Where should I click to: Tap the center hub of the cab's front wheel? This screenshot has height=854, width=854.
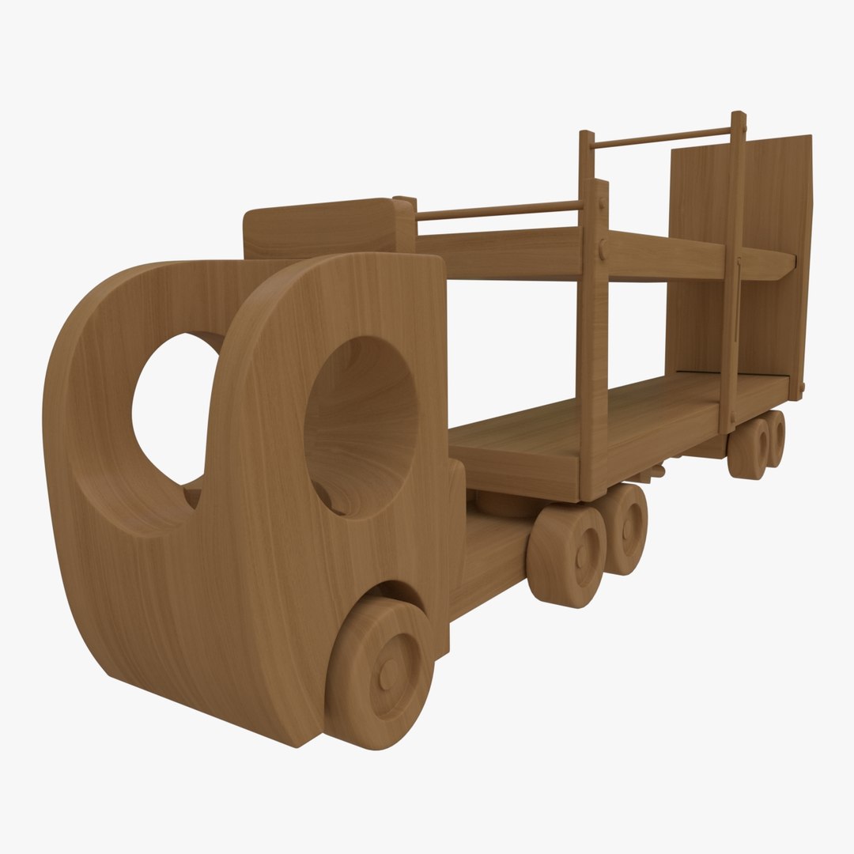tap(388, 675)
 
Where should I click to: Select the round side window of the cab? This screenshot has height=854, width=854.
tap(361, 427)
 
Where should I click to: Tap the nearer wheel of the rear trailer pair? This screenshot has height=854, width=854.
tap(747, 449)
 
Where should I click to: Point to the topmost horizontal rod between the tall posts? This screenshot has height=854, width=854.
tap(663, 137)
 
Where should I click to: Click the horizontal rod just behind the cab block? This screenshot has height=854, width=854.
tap(498, 210)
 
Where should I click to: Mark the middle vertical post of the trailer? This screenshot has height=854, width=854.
tap(593, 332)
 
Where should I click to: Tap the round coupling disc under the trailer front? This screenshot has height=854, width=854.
tap(506, 504)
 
